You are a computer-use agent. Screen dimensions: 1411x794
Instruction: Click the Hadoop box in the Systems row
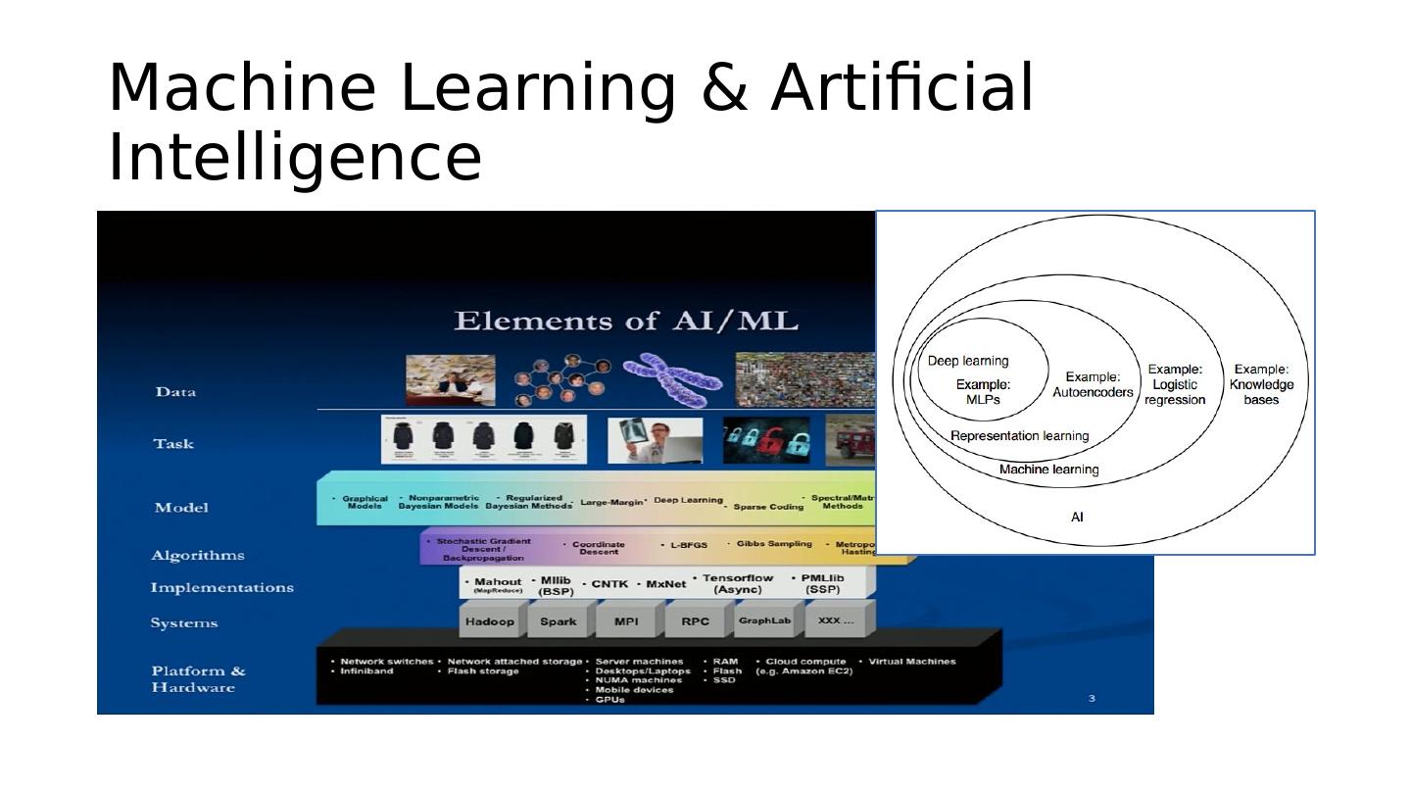(489, 621)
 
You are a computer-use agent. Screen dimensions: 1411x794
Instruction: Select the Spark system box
(558, 621)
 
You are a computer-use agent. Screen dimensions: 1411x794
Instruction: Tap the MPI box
(626, 621)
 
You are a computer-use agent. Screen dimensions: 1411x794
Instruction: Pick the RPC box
(695, 621)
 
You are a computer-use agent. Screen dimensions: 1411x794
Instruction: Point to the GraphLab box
(764, 621)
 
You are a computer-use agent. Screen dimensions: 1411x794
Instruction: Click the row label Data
(175, 392)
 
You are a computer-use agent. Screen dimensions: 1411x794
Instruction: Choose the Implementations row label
(221, 587)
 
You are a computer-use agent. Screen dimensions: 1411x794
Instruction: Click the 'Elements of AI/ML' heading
(626, 322)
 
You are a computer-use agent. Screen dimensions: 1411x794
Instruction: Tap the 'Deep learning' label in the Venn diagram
(968, 361)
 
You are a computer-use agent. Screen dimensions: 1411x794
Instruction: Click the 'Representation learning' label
(1019, 436)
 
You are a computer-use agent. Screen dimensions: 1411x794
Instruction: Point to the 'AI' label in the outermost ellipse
(1077, 517)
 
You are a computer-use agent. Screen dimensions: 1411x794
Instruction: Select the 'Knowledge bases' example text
(1261, 384)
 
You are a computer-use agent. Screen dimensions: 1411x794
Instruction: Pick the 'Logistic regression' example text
(1174, 384)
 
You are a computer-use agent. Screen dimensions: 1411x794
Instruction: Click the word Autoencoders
(1093, 392)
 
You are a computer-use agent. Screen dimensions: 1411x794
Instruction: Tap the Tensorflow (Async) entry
(738, 583)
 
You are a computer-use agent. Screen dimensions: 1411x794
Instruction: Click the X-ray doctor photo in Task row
(655, 440)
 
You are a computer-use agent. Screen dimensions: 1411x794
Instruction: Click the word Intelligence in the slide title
(294, 159)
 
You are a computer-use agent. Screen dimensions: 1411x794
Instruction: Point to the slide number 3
(1092, 698)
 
